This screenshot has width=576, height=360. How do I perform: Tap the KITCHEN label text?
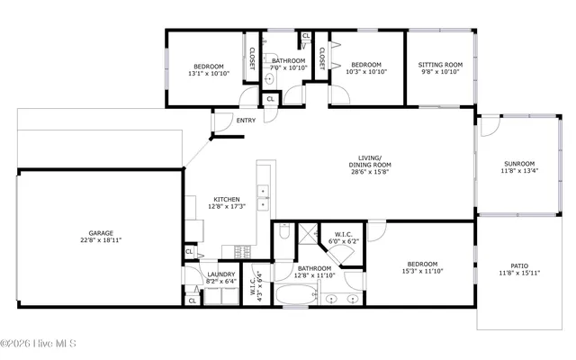226,199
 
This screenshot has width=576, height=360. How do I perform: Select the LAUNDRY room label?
220,274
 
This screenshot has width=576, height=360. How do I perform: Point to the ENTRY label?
246,121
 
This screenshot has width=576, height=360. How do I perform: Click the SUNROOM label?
518,163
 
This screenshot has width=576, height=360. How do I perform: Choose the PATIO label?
518,265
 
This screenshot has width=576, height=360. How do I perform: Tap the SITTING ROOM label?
440,65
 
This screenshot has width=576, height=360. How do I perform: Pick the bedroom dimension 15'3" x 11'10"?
422,270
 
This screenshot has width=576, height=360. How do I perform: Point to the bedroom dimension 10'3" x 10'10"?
366,73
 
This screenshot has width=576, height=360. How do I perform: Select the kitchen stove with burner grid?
241,251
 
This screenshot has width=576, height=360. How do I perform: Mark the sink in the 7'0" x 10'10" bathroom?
268,79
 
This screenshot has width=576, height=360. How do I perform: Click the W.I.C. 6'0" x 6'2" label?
341,238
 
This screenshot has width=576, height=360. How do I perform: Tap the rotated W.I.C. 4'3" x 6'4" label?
256,286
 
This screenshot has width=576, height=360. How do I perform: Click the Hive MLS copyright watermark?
39,343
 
